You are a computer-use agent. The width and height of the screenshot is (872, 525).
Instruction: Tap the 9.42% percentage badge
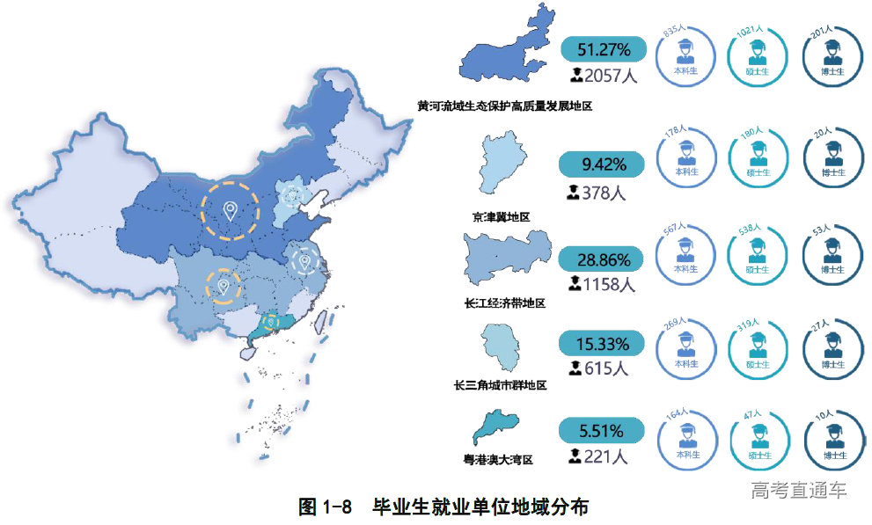(603, 164)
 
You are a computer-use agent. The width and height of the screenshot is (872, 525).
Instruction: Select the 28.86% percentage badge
(603, 259)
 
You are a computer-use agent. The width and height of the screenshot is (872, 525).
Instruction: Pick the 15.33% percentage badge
(603, 343)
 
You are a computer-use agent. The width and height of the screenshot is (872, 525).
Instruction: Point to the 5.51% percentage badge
(603, 431)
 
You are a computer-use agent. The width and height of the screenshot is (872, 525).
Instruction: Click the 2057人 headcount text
(603, 76)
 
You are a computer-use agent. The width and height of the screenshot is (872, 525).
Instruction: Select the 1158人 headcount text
(602, 285)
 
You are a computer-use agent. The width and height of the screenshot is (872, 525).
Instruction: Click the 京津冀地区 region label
(502, 216)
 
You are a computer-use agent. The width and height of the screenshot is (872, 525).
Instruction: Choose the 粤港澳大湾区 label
(499, 459)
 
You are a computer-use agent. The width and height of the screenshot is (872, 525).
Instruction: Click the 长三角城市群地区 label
(500, 385)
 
